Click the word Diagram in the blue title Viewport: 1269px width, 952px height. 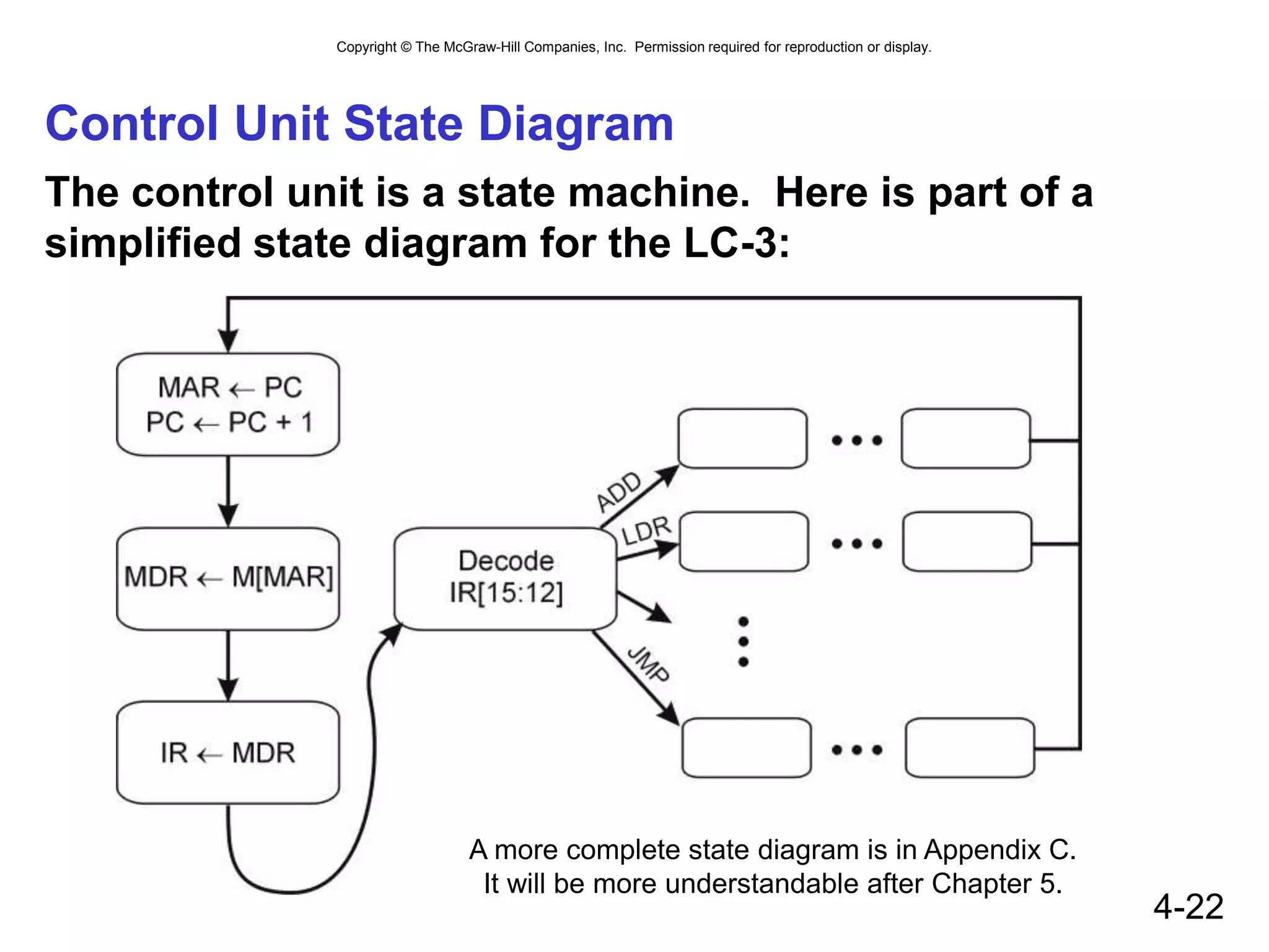point(576,124)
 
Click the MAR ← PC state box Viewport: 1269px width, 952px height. point(228,405)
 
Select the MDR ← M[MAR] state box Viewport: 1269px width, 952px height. point(228,578)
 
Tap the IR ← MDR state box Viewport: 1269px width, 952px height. point(228,753)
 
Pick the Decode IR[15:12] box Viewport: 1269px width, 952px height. point(506,578)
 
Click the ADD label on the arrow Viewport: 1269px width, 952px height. point(618,491)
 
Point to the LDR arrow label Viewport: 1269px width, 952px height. point(646,531)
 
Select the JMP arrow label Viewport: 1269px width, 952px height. point(648,664)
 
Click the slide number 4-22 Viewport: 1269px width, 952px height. point(1188,906)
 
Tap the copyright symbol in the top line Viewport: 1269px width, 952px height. point(406,47)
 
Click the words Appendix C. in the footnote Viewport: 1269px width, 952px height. point(999,850)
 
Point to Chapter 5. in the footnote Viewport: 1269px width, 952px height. point(996,884)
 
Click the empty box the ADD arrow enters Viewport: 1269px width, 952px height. point(742,439)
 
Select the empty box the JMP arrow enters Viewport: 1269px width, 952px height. point(746,747)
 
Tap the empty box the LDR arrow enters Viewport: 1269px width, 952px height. point(744,542)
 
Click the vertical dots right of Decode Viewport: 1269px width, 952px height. point(744,641)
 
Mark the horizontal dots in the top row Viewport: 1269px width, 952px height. point(857,441)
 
